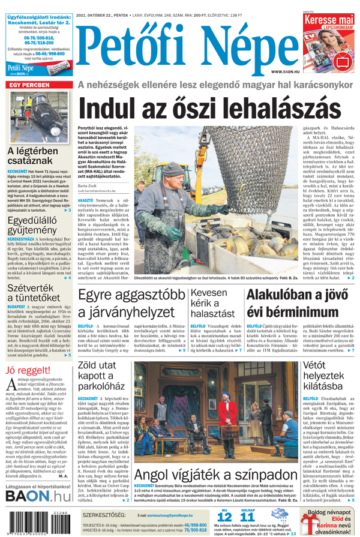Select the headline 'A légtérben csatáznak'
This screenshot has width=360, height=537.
(33, 157)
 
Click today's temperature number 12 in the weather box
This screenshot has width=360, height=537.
(223, 517)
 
